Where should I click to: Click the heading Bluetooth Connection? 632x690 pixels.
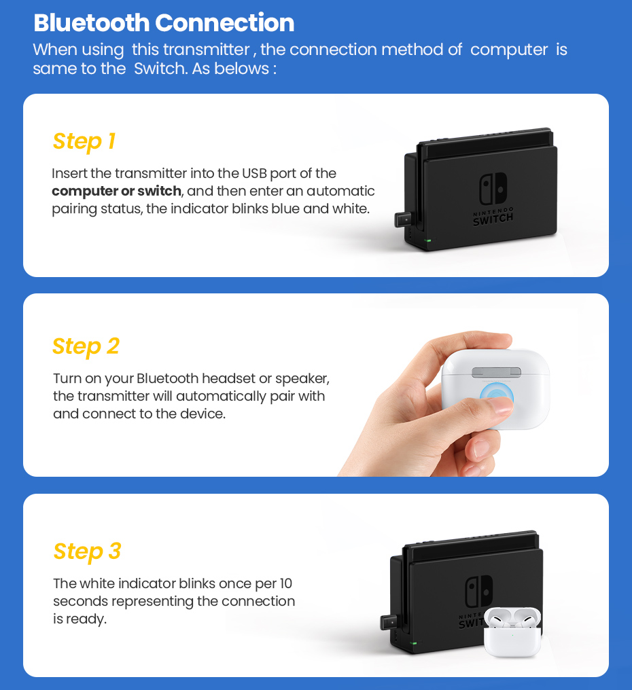click(164, 22)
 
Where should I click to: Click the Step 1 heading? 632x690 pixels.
click(84, 141)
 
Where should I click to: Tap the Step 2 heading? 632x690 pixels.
click(86, 346)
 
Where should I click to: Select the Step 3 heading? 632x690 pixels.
click(87, 551)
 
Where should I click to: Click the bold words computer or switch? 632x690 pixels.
click(116, 191)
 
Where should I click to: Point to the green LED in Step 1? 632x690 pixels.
click(427, 240)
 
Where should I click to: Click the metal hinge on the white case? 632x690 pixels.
click(495, 371)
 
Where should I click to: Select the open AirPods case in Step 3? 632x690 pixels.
click(512, 632)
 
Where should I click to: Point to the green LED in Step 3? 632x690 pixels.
click(412, 642)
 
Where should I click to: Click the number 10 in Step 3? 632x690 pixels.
click(285, 583)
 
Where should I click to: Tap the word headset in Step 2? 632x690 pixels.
click(225, 378)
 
